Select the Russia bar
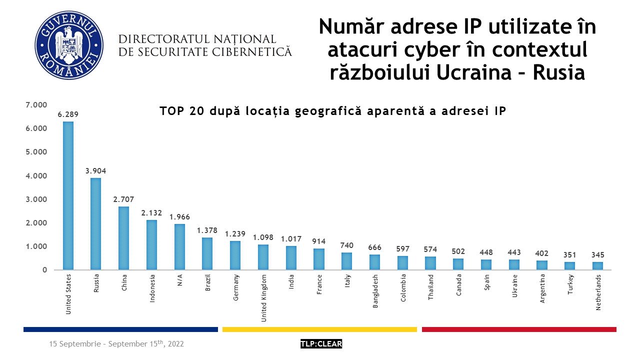(96, 224)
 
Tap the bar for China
(124, 238)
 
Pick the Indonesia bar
(152, 245)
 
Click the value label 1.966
(180, 217)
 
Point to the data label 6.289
(68, 114)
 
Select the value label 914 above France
(319, 241)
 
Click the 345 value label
(598, 255)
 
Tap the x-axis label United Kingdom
(264, 297)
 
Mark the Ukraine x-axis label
(514, 285)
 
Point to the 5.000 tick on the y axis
(36, 152)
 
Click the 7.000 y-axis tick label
(36, 105)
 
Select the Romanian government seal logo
(69, 45)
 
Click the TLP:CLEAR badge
(321, 344)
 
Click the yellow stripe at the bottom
(319, 329)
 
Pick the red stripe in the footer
(519, 329)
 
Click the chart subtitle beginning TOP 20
(333, 111)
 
